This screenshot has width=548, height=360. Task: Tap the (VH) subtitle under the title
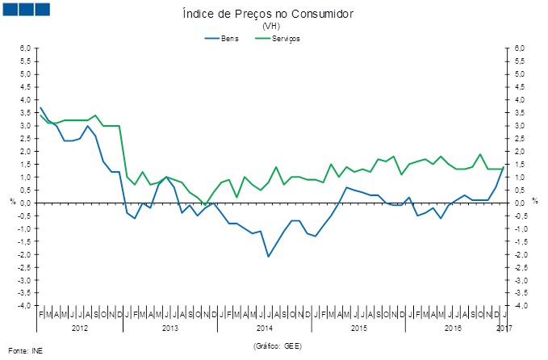click(272, 27)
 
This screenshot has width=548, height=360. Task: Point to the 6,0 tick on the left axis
click(25, 48)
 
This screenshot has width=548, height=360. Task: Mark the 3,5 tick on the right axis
click(519, 112)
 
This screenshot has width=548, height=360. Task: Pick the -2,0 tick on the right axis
click(520, 254)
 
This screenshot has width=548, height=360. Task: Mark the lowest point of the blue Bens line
click(268, 257)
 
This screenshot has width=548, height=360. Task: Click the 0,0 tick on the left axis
click(25, 203)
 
